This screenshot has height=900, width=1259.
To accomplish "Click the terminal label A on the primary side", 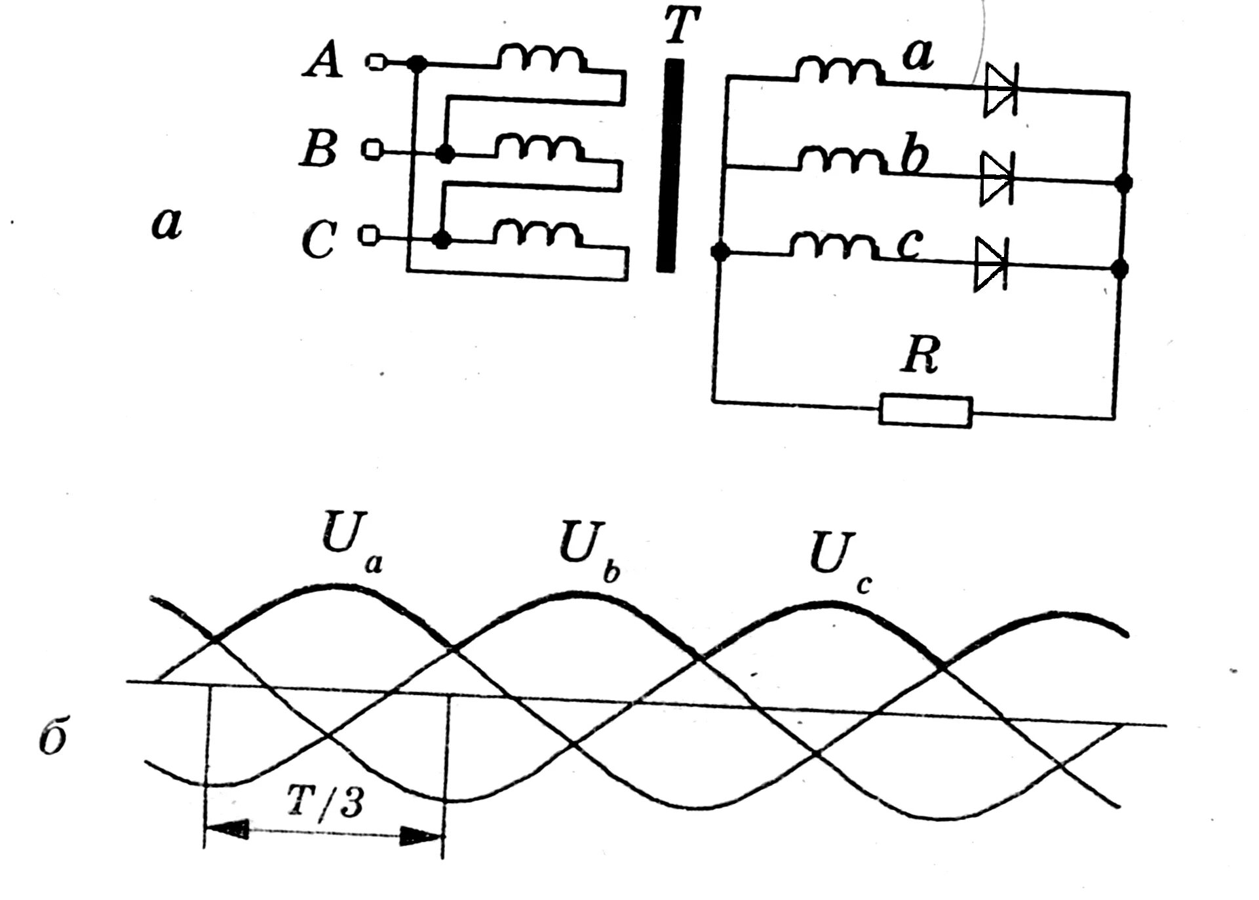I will click(322, 62).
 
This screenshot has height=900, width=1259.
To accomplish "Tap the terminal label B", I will click(319, 149).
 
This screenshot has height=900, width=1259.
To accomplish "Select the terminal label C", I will click(319, 239).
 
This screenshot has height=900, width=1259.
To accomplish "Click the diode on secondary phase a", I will click(1000, 91).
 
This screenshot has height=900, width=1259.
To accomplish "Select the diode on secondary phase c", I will click(990, 264).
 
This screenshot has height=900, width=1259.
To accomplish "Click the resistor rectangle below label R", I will click(925, 411).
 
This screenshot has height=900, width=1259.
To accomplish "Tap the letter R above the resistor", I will click(920, 356).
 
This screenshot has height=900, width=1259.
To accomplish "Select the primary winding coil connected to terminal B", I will click(537, 148).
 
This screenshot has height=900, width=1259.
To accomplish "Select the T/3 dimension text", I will click(325, 802).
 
